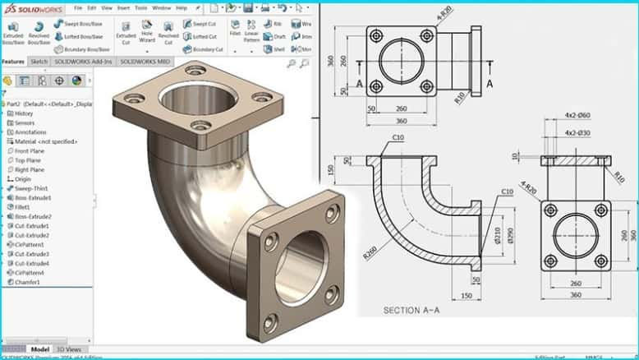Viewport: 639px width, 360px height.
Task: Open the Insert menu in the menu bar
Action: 123,7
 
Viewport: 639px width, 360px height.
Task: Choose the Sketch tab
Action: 39,62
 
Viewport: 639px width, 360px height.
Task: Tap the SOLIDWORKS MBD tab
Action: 144,62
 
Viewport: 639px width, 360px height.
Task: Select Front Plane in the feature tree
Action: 32,150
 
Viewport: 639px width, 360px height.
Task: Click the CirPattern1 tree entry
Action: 32,245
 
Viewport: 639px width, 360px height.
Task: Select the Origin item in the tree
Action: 23,178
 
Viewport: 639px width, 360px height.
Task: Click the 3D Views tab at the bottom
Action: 70,349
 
